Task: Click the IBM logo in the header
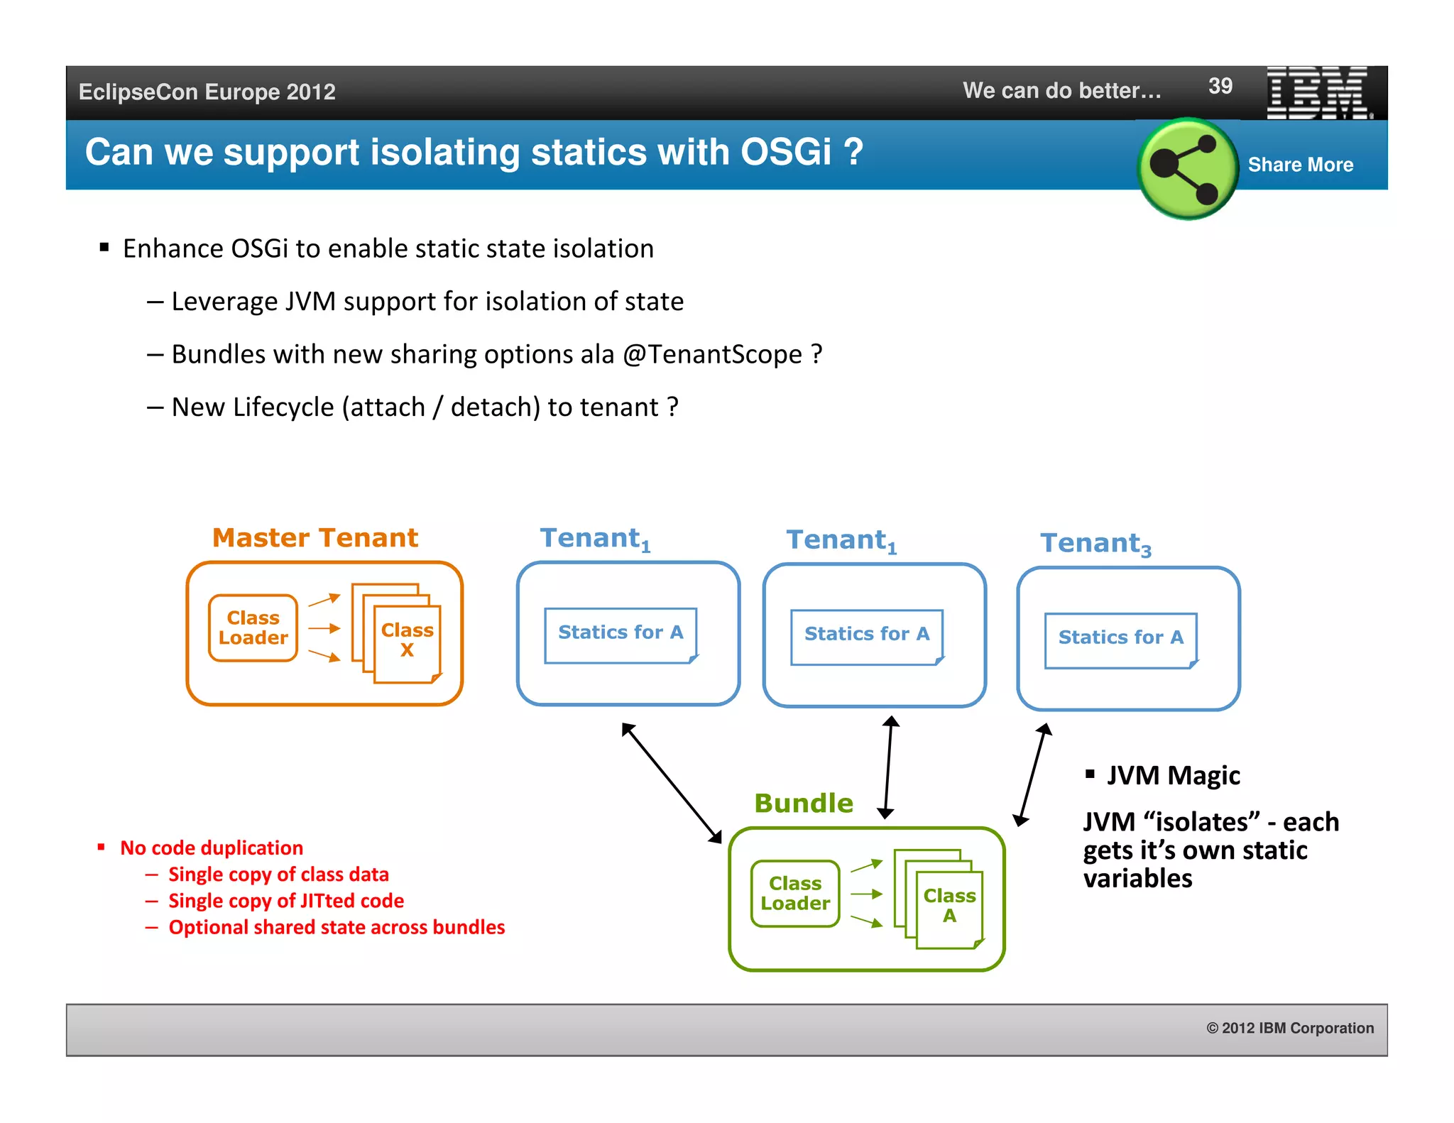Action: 1318,93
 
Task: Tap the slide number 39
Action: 1220,87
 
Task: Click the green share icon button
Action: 1187,168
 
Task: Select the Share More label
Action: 1300,165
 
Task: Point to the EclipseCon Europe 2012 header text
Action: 207,92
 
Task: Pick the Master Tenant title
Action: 315,538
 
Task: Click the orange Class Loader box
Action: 253,628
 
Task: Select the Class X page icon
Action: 407,640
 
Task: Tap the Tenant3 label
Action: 1095,544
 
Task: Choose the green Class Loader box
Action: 795,894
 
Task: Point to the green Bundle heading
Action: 804,804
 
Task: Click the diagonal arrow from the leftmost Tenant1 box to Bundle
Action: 672,783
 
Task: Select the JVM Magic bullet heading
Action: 1173,775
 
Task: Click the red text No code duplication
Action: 212,848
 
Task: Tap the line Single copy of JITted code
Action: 285,901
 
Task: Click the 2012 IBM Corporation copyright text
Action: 1290,1028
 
